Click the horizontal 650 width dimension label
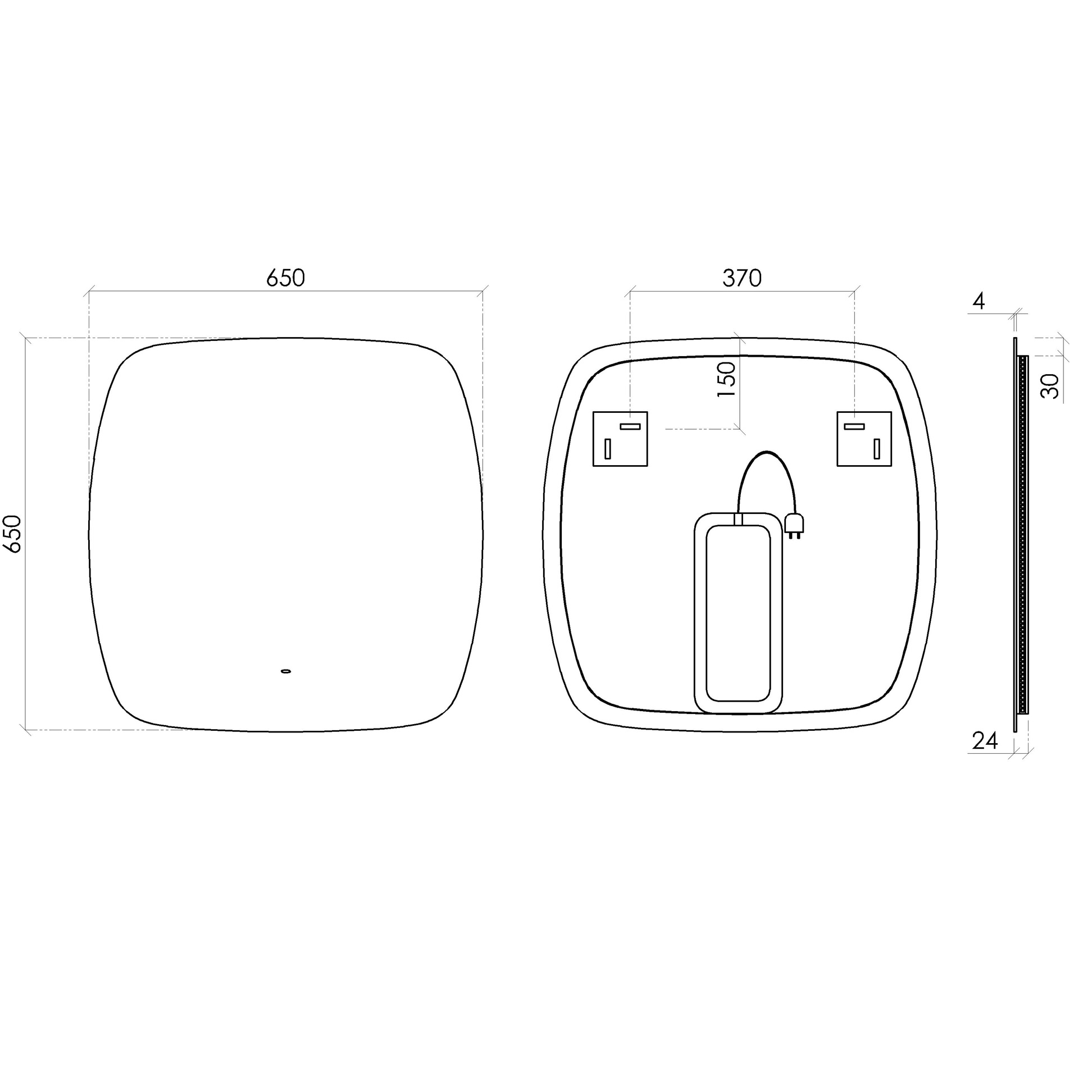[285, 278]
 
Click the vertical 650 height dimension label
[13, 533]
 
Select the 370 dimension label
[741, 278]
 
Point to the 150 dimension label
[726, 380]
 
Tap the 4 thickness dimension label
[979, 302]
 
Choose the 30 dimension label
[1050, 386]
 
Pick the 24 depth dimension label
[985, 742]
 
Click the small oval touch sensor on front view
[286, 671]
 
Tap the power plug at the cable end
[795, 525]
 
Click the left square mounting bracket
[620, 439]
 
